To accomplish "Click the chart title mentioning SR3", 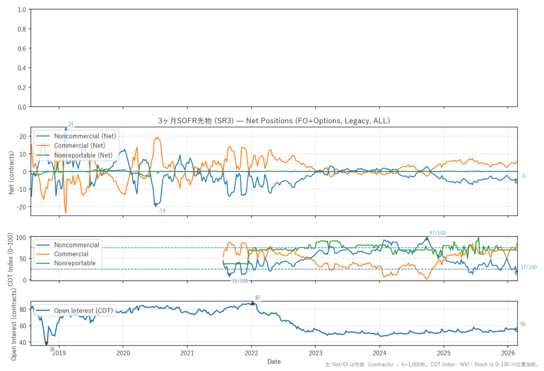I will (274, 121).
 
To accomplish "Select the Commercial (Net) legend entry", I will (80, 145).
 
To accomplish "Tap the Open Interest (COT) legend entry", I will (83, 310).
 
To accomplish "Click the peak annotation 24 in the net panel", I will (71, 124).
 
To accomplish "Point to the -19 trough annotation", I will (162, 211).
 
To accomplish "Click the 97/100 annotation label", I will (438, 233).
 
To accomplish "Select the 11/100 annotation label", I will (240, 281).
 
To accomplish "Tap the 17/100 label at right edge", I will (529, 268).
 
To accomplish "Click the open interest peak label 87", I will (258, 298).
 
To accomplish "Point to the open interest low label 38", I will (52, 349).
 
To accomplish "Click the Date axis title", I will (274, 361).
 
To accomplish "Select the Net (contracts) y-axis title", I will (11, 171).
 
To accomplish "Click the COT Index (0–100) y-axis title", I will (11, 258).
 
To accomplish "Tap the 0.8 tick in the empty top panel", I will (21, 29).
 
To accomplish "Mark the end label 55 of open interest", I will (523, 324).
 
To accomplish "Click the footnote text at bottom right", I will (432, 365).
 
